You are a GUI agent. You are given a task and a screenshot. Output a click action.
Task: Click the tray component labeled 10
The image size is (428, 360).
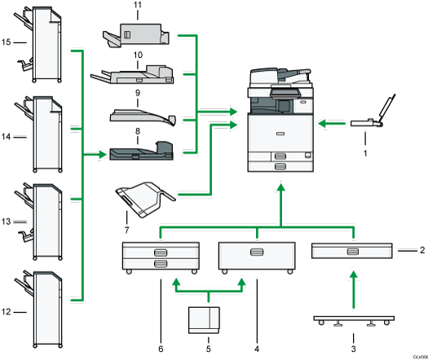(136, 78)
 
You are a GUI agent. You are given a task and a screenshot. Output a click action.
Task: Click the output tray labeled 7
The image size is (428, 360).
(148, 195)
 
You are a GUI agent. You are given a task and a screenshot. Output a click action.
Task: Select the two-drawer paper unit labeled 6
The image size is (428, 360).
(158, 257)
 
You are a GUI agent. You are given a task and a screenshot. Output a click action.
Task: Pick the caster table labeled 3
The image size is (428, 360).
(353, 318)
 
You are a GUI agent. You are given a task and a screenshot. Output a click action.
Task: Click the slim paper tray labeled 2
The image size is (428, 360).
(351, 251)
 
